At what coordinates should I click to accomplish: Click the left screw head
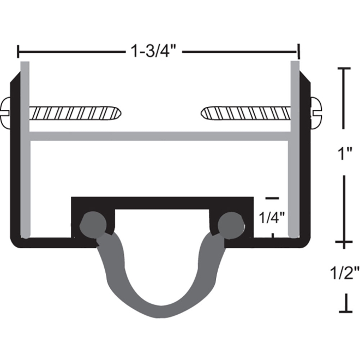pos(7,113)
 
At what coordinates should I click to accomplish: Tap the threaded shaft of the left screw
pos(74,113)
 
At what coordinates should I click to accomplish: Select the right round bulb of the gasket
pos(231,223)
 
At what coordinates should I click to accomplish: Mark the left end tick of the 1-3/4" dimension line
pos(19,52)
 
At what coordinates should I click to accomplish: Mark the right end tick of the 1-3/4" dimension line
pos(299,52)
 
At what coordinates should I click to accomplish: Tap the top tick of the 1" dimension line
pos(343,69)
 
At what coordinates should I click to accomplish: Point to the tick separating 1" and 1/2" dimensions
pos(343,241)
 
